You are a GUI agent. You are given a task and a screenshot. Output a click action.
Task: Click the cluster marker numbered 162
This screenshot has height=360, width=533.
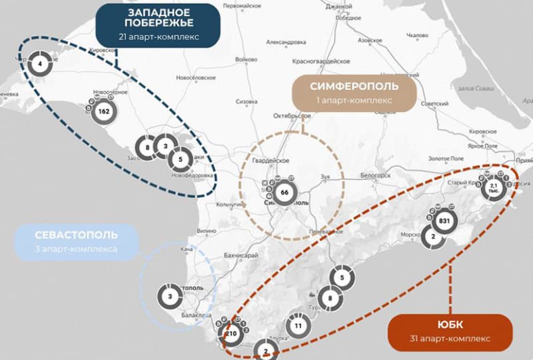103,111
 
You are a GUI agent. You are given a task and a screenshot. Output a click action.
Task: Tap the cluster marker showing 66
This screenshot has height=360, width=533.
284,193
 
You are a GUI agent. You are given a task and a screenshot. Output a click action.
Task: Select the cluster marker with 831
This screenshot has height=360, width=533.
445,221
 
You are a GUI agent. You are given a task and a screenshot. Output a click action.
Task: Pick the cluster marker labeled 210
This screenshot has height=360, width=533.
232,334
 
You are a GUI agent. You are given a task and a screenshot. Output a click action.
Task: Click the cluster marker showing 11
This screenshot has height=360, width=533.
298,327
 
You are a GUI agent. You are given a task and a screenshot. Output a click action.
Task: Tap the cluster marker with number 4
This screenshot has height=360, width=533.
40,64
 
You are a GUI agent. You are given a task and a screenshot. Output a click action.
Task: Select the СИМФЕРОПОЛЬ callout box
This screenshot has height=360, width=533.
354,92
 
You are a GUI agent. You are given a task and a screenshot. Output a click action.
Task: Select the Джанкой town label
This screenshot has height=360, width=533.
339,7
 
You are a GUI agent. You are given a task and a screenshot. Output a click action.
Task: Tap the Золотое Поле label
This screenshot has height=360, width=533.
446,159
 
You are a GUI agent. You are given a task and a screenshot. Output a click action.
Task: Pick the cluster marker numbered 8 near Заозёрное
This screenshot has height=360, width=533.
146,147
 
